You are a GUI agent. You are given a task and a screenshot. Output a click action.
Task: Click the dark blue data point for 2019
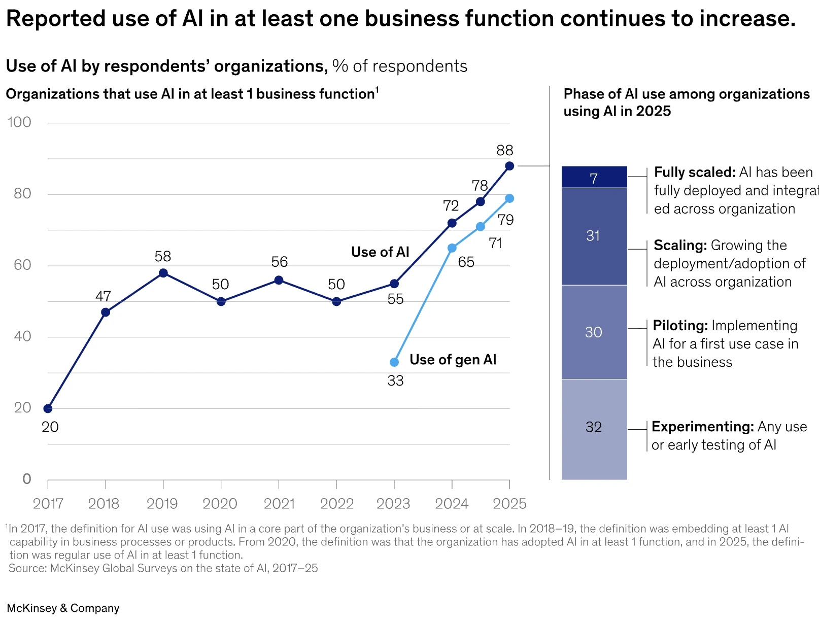(163, 273)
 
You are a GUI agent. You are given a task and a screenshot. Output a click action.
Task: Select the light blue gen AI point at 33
(394, 362)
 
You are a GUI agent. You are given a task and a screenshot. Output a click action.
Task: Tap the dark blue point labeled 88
(509, 166)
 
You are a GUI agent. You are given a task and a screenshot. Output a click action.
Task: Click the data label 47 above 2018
(103, 296)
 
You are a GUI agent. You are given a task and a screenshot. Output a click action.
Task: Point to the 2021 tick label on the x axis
(279, 504)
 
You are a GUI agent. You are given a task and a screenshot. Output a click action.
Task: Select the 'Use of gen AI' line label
(453, 360)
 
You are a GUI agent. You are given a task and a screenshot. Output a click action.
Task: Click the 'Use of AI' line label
(380, 252)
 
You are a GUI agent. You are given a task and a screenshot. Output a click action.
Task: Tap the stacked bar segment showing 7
(594, 178)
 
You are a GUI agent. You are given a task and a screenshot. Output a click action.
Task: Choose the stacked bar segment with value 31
(594, 236)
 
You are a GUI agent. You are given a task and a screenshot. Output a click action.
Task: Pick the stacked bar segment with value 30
(594, 332)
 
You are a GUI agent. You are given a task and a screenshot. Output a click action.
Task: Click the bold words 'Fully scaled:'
(694, 172)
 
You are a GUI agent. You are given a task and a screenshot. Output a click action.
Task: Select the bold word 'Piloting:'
(680, 326)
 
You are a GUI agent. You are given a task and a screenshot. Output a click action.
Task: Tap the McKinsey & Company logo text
(63, 608)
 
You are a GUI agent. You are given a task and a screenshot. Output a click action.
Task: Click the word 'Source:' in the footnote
(28, 568)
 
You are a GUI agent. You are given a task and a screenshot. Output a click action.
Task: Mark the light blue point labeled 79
(509, 198)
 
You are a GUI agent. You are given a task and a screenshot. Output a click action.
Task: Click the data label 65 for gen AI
(466, 262)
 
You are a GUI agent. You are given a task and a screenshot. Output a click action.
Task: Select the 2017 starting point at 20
(48, 409)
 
